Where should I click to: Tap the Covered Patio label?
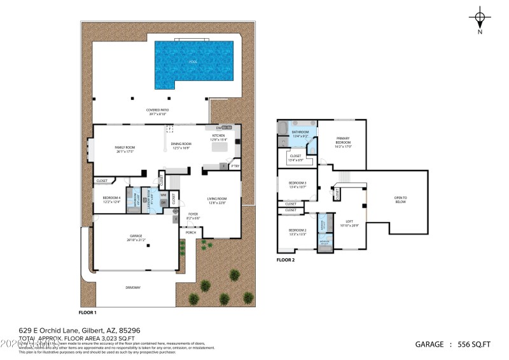[x=157, y=112]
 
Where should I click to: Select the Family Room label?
[x=125, y=149]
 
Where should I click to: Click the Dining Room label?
[x=181, y=146]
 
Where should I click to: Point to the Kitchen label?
[x=218, y=137]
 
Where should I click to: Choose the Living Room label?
[x=218, y=201]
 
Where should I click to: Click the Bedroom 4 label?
[x=111, y=199]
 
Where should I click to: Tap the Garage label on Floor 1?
[x=136, y=237]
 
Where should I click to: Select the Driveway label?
[x=132, y=288]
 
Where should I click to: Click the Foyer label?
[x=193, y=216]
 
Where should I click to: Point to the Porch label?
[x=191, y=232]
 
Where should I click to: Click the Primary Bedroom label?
[x=343, y=143]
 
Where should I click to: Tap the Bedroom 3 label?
[x=297, y=184]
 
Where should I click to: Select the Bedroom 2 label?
[x=297, y=232]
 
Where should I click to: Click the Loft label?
[x=349, y=222]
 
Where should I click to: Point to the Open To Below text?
[x=400, y=200]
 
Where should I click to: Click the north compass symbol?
[x=480, y=19]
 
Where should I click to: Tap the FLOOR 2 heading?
[x=286, y=260]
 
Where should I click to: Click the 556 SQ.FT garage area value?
[x=474, y=344]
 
